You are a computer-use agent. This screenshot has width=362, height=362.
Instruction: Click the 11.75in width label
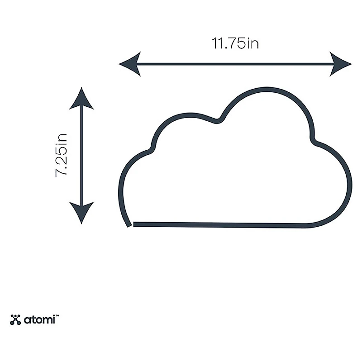pyautogui.click(x=235, y=43)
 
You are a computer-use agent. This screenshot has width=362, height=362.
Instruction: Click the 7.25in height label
pyautogui.click(x=62, y=155)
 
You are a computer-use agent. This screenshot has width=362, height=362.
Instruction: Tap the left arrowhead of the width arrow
pyautogui.click(x=129, y=64)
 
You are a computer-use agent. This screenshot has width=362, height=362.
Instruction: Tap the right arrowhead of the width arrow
pyautogui.click(x=341, y=64)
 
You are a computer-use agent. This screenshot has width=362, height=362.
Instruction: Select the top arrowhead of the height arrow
pyautogui.click(x=81, y=98)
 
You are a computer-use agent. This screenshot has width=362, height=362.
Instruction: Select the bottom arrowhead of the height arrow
pyautogui.click(x=81, y=213)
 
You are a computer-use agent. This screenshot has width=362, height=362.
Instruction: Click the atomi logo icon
pyautogui.click(x=15, y=320)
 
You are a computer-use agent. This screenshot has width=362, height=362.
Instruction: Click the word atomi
pyautogui.click(x=39, y=320)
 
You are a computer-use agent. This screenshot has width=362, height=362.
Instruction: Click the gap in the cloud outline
pyautogui.click(x=132, y=225)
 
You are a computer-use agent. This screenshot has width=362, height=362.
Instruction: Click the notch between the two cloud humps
pyautogui.click(x=217, y=121)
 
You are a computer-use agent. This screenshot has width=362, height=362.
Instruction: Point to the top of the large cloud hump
pyautogui.click(x=267, y=89)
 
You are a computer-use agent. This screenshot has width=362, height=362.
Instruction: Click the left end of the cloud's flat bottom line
pyautogui.click(x=134, y=224)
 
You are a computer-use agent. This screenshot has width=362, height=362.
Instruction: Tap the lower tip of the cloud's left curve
pyautogui.click(x=129, y=226)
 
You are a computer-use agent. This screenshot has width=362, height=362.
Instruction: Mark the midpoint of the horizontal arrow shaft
pyautogui.click(x=235, y=64)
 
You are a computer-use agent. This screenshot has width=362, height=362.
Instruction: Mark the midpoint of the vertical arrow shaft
pyautogui.click(x=81, y=156)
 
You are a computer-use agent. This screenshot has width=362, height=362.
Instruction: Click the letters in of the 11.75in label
pyautogui.click(x=253, y=43)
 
